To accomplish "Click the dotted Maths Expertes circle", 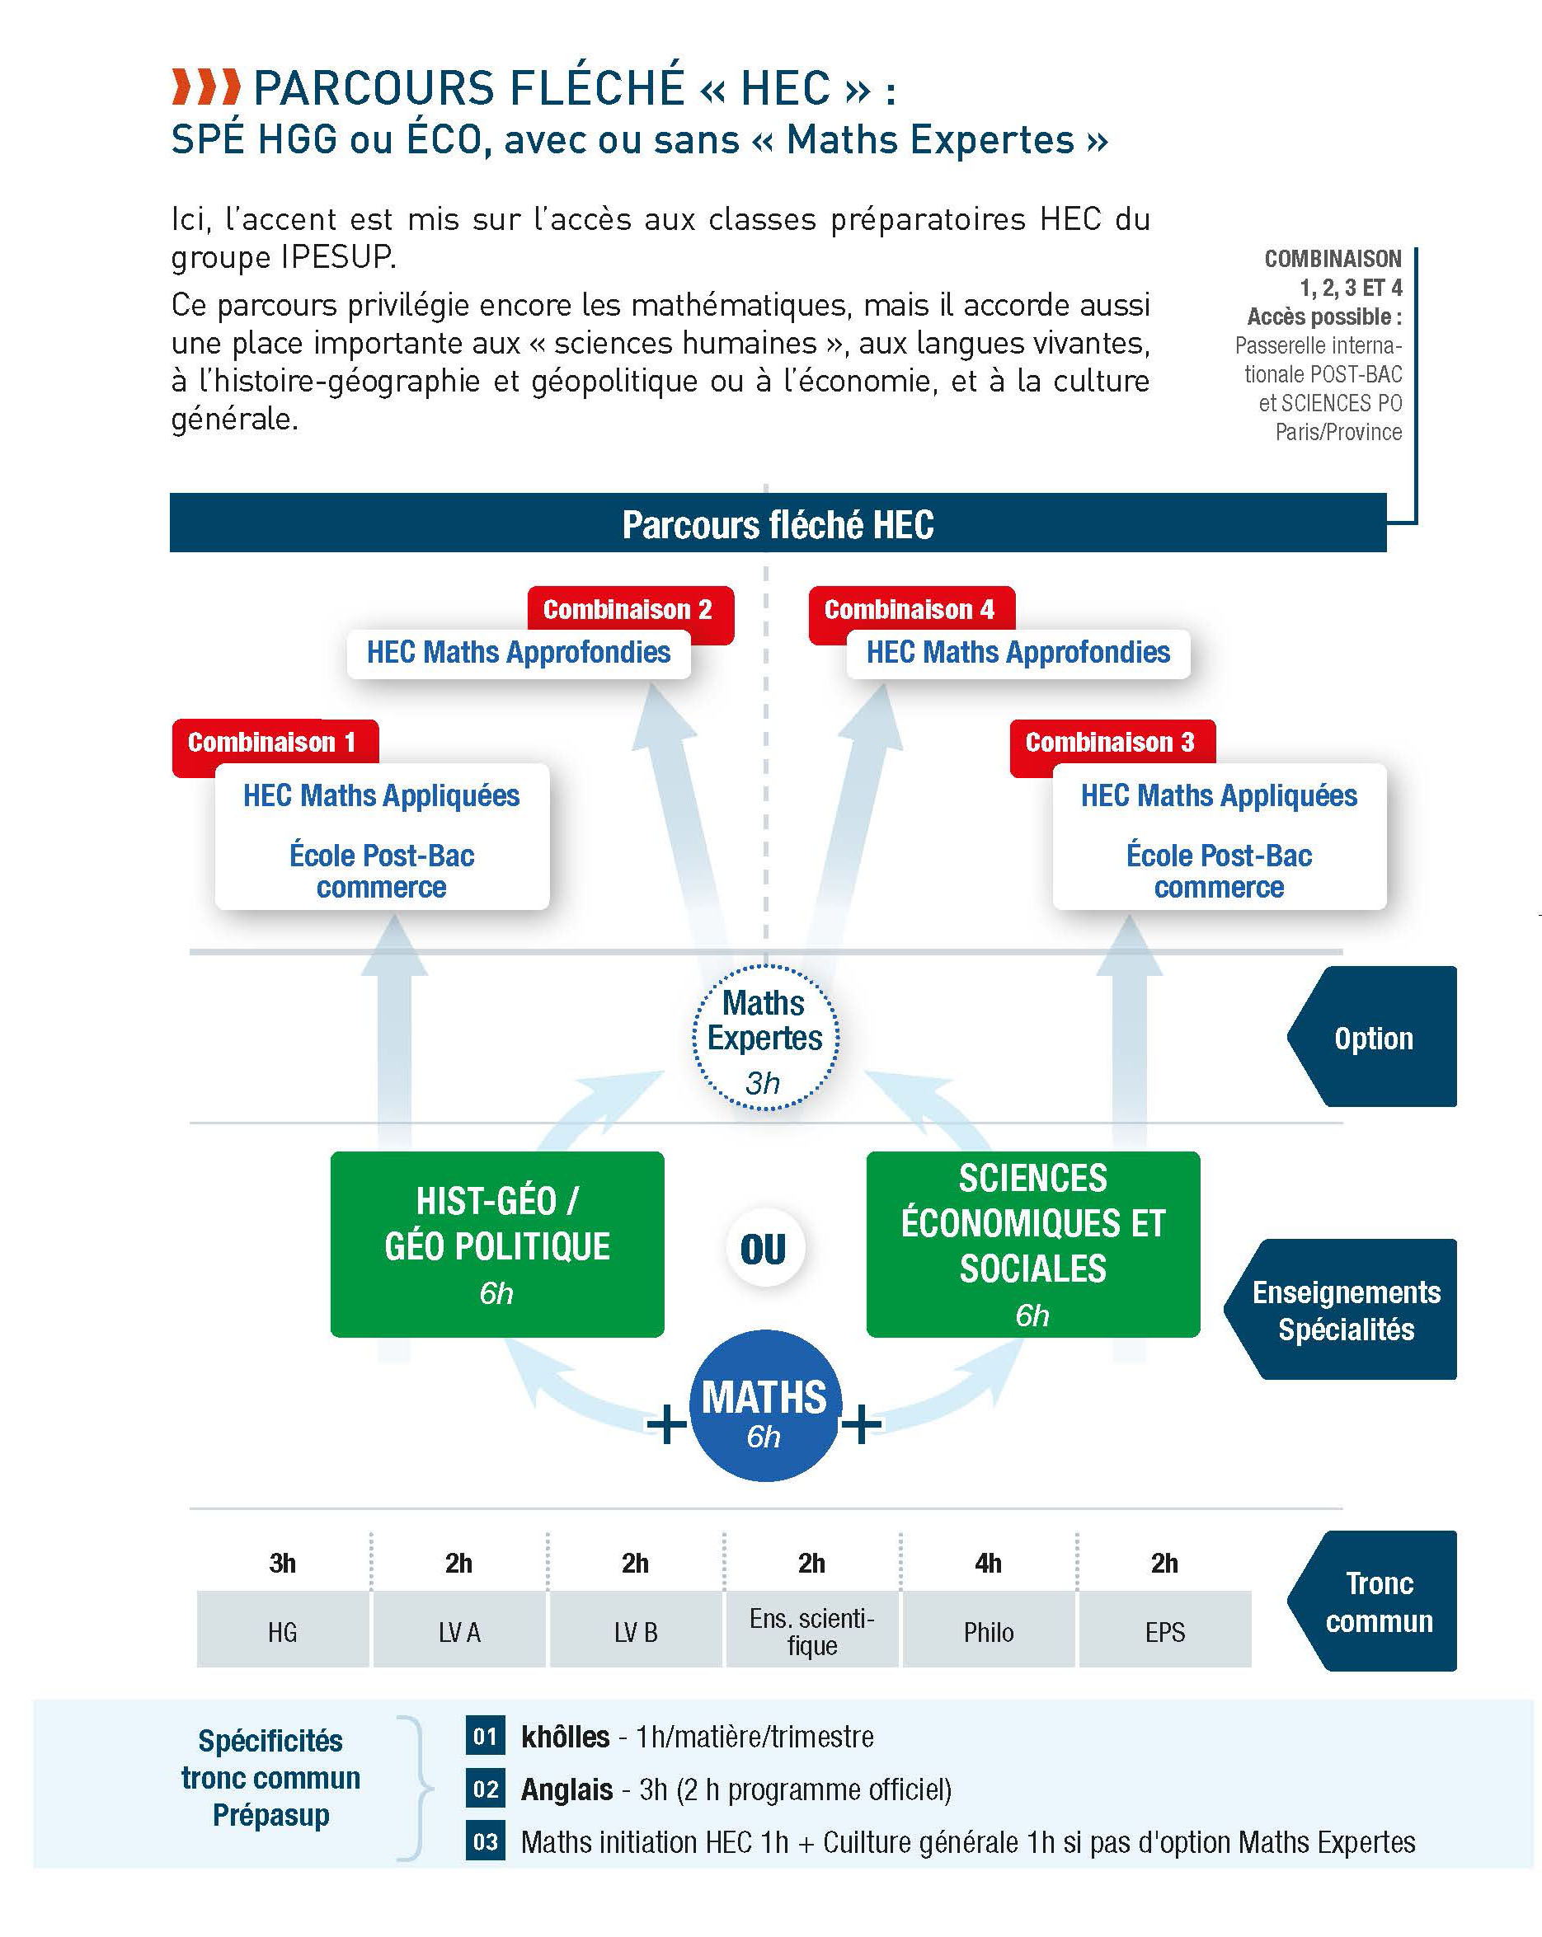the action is pyautogui.click(x=764, y=1038).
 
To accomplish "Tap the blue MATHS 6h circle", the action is pyautogui.click(x=764, y=1405).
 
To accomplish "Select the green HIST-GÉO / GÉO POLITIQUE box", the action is pyautogui.click(x=497, y=1245).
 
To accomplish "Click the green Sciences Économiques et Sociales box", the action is pyautogui.click(x=1032, y=1245).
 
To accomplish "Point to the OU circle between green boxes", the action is pyautogui.click(x=764, y=1248).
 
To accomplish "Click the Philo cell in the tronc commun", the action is pyautogui.click(x=989, y=1630).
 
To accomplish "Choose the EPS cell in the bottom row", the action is pyautogui.click(x=1164, y=1630).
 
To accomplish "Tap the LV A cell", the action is pyautogui.click(x=459, y=1630).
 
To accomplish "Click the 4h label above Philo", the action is pyautogui.click(x=989, y=1564).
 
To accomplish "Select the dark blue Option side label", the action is pyautogui.click(x=1372, y=1037).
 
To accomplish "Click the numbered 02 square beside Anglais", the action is pyautogui.click(x=485, y=1789).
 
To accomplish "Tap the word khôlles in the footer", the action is pyautogui.click(x=565, y=1737).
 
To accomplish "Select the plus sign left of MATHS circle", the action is pyautogui.click(x=667, y=1424).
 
